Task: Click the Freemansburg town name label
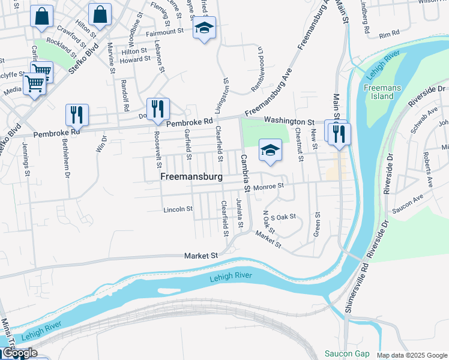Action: click(191, 177)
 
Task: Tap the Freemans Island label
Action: click(378, 92)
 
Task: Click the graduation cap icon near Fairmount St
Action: click(204, 28)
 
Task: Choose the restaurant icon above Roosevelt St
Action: click(158, 109)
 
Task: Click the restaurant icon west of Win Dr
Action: click(77, 115)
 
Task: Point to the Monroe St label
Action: click(268, 187)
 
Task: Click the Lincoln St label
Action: click(178, 209)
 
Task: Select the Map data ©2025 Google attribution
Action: click(411, 355)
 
